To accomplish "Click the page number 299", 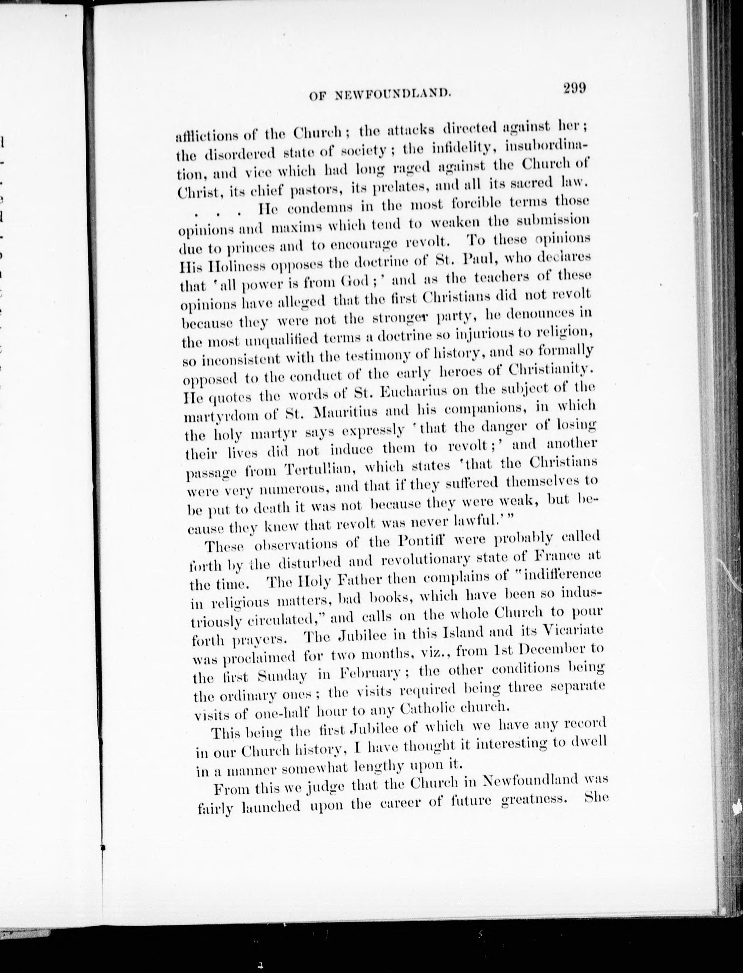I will [574, 89].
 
